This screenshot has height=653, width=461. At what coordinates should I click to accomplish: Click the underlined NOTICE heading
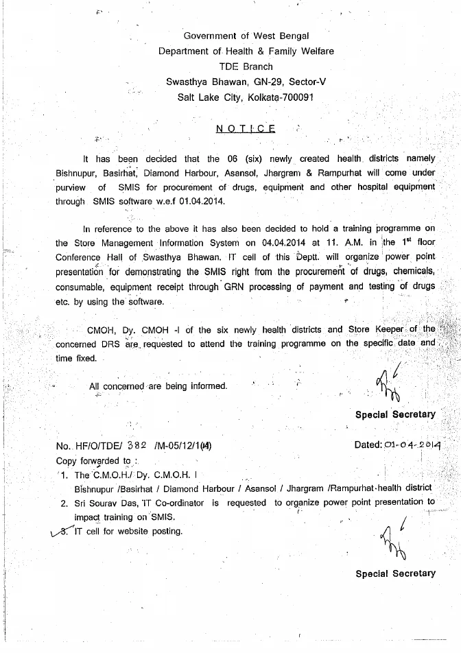[x=246, y=128]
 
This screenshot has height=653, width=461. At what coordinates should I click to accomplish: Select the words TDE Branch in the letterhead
[x=246, y=67]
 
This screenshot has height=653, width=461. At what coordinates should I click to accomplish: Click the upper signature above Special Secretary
[x=388, y=387]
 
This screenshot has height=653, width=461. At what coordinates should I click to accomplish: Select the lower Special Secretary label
[x=395, y=573]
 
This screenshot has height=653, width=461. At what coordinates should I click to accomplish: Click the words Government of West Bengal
[x=246, y=36]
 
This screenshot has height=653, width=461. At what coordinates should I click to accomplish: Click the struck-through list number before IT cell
[x=67, y=530]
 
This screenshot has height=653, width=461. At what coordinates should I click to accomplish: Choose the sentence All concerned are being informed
[x=158, y=386]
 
